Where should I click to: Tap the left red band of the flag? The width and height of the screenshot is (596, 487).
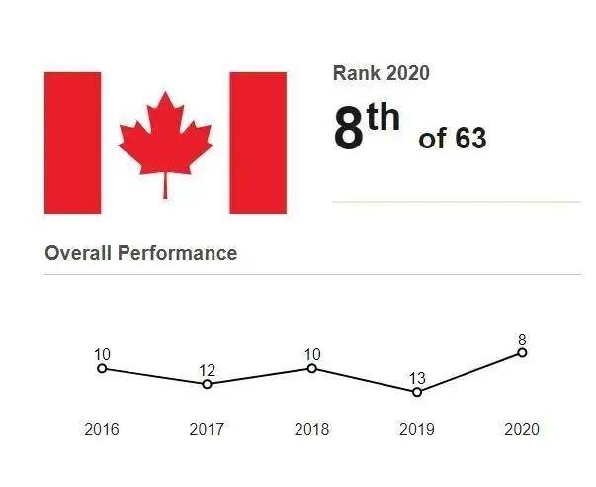pyautogui.click(x=73, y=143)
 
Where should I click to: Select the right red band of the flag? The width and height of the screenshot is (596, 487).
pyautogui.click(x=258, y=143)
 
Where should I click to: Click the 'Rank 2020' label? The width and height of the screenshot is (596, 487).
pyautogui.click(x=382, y=73)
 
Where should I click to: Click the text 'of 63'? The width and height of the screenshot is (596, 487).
pyautogui.click(x=453, y=139)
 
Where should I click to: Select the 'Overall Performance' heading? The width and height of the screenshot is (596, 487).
pyautogui.click(x=141, y=253)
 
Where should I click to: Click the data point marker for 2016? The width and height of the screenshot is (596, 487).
pyautogui.click(x=102, y=369)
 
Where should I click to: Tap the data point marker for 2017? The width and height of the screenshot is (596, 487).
pyautogui.click(x=207, y=384)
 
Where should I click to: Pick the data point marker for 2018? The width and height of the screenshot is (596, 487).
pyautogui.click(x=312, y=369)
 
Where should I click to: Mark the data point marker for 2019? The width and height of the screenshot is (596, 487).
pyautogui.click(x=417, y=392)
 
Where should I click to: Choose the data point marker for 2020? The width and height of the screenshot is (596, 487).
pyautogui.click(x=522, y=352)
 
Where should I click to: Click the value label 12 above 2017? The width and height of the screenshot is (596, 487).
pyautogui.click(x=207, y=370)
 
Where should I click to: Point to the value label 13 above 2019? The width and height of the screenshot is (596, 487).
pyautogui.click(x=417, y=378)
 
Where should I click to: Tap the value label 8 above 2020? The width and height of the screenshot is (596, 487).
pyautogui.click(x=522, y=339)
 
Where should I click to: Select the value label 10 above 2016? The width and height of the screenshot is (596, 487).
pyautogui.click(x=102, y=355)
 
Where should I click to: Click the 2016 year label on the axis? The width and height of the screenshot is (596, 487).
pyautogui.click(x=102, y=430)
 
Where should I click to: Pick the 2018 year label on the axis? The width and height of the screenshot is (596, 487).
pyautogui.click(x=312, y=430)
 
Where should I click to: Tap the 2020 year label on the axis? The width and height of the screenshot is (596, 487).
pyautogui.click(x=522, y=430)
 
